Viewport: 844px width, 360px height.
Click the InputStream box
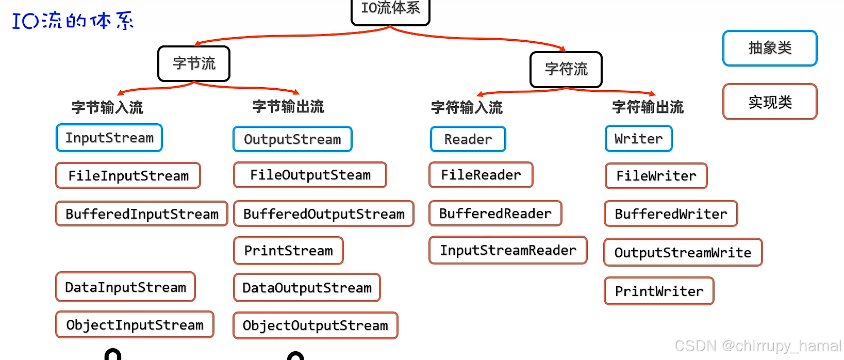tap(109, 138)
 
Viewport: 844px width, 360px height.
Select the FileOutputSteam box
tap(310, 175)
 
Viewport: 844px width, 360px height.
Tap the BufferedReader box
tap(495, 214)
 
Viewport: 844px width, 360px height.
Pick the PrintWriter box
tap(659, 291)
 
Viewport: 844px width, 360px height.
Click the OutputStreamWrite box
tap(683, 252)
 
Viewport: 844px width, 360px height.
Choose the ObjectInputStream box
tap(135, 324)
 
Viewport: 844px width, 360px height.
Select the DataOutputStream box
tap(307, 287)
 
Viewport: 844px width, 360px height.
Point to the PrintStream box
tap(288, 251)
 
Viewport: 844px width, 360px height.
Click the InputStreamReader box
tap(508, 250)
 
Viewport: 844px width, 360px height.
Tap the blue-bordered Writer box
tap(638, 139)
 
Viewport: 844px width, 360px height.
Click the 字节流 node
tap(194, 63)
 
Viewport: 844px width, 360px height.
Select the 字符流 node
tap(566, 69)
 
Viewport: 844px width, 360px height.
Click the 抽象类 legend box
tap(770, 48)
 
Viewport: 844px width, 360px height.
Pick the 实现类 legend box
tap(770, 102)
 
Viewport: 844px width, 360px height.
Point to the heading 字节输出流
tap(288, 107)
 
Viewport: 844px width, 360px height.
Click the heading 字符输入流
tap(467, 107)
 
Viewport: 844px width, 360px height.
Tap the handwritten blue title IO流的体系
tap(73, 21)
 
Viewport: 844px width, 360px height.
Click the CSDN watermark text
tap(757, 346)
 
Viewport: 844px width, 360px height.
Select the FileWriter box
tap(656, 176)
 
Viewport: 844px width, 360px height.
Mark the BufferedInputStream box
tap(142, 214)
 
